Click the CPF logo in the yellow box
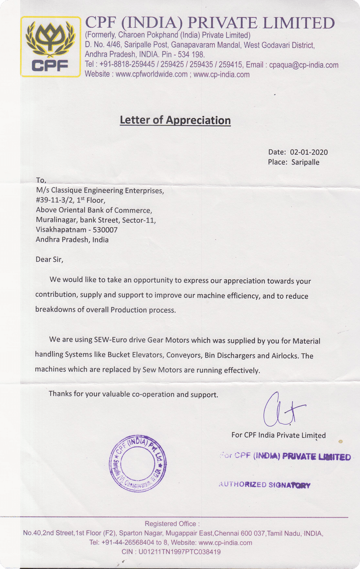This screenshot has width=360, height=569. point(51,47)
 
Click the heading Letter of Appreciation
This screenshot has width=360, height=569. point(175,120)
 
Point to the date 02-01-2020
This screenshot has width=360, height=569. point(309,152)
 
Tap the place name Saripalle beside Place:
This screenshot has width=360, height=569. point(305,162)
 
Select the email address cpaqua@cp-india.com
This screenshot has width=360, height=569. point(303,65)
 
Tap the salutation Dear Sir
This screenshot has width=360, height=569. point(49,260)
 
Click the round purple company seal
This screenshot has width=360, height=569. point(137,463)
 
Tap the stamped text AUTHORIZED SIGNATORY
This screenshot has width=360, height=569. point(264,485)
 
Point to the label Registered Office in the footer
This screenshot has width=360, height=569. point(172,524)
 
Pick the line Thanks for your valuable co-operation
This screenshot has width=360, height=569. point(133,395)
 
